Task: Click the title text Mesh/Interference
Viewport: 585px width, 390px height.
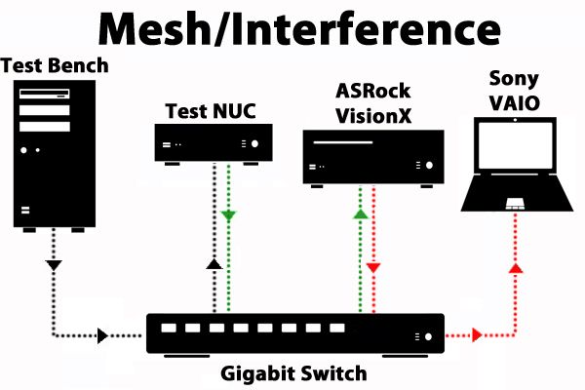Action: pos(292,30)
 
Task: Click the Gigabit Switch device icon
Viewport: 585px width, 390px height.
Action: pos(295,334)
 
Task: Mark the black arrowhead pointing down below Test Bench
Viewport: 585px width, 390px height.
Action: pos(54,264)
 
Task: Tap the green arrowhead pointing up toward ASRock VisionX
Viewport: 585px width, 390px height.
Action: pos(360,214)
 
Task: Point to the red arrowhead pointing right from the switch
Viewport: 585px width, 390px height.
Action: pos(477,335)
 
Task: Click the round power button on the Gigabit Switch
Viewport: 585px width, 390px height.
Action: pos(425,335)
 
